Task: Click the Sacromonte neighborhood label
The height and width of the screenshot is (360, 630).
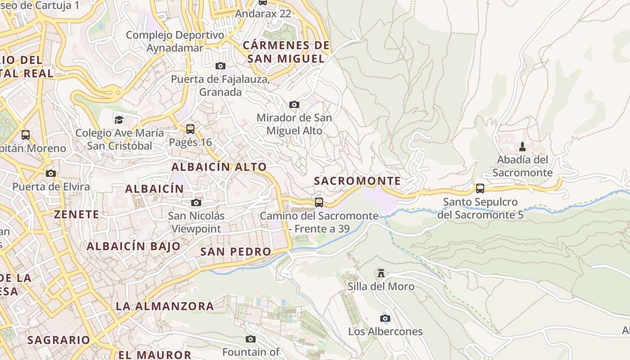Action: tap(357, 181)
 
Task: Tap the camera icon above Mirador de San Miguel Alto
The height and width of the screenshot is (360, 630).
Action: tap(294, 105)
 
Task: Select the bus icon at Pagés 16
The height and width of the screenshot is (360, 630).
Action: tap(190, 129)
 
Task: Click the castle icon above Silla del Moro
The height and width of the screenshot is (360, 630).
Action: tap(381, 273)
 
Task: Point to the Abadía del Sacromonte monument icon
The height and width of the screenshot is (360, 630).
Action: tap(522, 146)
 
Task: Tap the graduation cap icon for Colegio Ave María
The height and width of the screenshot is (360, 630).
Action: tap(119, 119)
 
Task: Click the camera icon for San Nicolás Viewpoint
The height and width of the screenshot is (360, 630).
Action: tap(196, 202)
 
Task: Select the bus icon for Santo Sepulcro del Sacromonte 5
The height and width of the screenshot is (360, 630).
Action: tap(480, 188)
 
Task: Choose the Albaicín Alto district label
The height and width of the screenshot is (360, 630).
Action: tap(219, 166)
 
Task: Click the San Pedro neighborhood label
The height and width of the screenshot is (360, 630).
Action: tap(235, 252)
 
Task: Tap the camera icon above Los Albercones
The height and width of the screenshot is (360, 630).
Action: tap(385, 319)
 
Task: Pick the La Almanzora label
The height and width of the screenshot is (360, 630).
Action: tap(165, 306)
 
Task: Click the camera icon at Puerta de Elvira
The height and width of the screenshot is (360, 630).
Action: tap(51, 174)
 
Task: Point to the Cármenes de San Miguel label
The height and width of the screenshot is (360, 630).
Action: tap(286, 52)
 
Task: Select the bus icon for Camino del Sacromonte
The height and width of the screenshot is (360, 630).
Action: tap(319, 202)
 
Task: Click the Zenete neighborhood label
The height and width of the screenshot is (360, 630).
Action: tap(76, 214)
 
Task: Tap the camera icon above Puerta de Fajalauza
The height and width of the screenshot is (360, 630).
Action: tap(220, 66)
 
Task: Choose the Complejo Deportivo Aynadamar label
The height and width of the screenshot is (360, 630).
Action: tap(175, 41)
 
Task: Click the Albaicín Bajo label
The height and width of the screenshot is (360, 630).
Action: tap(133, 246)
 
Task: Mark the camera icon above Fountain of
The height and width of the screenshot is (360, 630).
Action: tap(251, 339)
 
